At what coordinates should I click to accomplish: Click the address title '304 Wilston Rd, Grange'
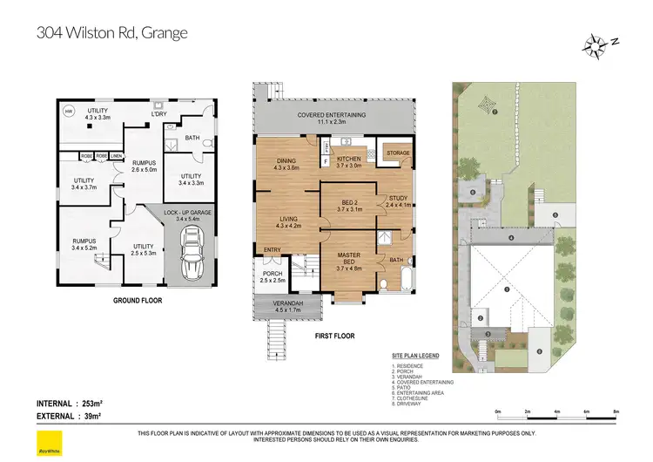click(112, 34)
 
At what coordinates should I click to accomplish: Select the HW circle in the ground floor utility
click(69, 111)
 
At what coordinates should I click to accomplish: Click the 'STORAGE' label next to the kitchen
click(398, 153)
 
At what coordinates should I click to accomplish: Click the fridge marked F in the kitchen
click(326, 161)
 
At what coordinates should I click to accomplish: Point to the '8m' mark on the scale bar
click(616, 411)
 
